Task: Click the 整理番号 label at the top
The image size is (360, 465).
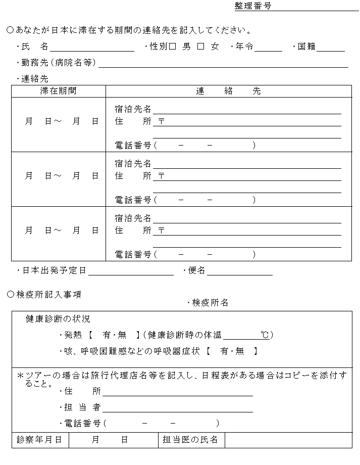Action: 253,6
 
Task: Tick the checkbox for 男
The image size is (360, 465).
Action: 172,46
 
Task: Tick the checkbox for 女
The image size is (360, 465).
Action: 200,46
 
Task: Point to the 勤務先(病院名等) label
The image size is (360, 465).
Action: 59,63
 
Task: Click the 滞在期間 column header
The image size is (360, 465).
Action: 59,91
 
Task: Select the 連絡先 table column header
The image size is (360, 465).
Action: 228,91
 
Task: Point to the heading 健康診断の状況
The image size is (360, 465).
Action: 58,319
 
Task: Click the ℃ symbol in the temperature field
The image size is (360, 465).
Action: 265,335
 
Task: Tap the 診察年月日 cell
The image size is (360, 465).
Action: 40,440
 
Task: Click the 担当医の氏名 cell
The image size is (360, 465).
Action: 191,440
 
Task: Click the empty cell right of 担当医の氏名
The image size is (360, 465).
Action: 288,440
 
